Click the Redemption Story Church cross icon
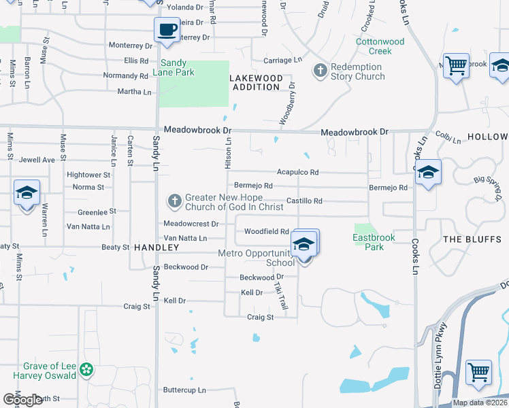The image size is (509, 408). click(x=320, y=70)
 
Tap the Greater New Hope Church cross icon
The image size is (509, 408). click(x=174, y=201)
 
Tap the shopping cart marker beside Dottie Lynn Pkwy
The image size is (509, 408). click(x=478, y=373)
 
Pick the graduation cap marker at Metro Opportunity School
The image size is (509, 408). click(x=303, y=245)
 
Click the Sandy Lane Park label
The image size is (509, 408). click(x=178, y=67)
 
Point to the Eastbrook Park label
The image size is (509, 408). click(x=368, y=242)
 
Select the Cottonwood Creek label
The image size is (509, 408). click(x=380, y=46)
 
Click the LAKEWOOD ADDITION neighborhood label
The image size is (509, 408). click(x=255, y=82)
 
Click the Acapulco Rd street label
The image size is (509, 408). click(x=297, y=172)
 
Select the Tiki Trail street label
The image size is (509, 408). click(x=281, y=298)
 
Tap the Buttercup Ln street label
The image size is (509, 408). click(x=184, y=390)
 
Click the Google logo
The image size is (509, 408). click(x=22, y=401)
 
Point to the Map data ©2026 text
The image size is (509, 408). click(x=480, y=403)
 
